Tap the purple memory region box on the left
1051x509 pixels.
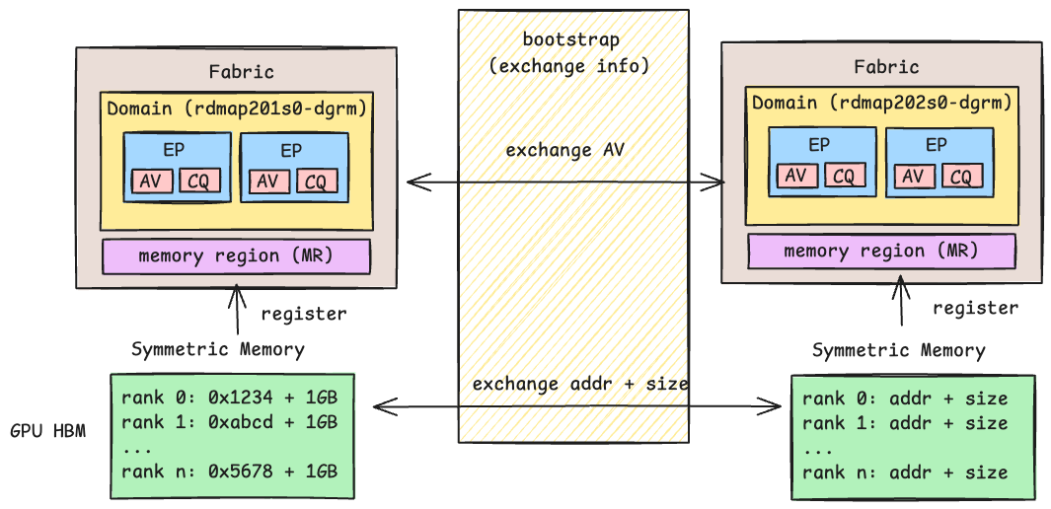tap(236, 256)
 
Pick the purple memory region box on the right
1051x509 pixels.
tap(881, 251)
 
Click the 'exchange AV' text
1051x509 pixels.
tap(565, 151)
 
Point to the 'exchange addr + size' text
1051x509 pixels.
tap(580, 383)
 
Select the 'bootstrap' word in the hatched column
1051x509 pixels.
tap(570, 40)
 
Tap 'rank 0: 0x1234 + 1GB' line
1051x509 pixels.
tap(230, 399)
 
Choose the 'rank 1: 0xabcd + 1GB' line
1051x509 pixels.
tap(230, 422)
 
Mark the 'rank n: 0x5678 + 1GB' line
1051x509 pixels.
tap(230, 471)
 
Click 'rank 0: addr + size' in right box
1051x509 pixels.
tap(905, 399)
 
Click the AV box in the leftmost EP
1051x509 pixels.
tap(151, 182)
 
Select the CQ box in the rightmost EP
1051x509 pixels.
tap(962, 177)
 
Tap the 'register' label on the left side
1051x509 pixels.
tap(303, 315)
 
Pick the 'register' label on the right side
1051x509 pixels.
tap(975, 308)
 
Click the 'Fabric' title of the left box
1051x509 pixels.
tap(241, 72)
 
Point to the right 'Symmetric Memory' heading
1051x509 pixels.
tap(898, 350)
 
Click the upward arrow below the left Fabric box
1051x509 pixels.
tap(236, 311)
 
